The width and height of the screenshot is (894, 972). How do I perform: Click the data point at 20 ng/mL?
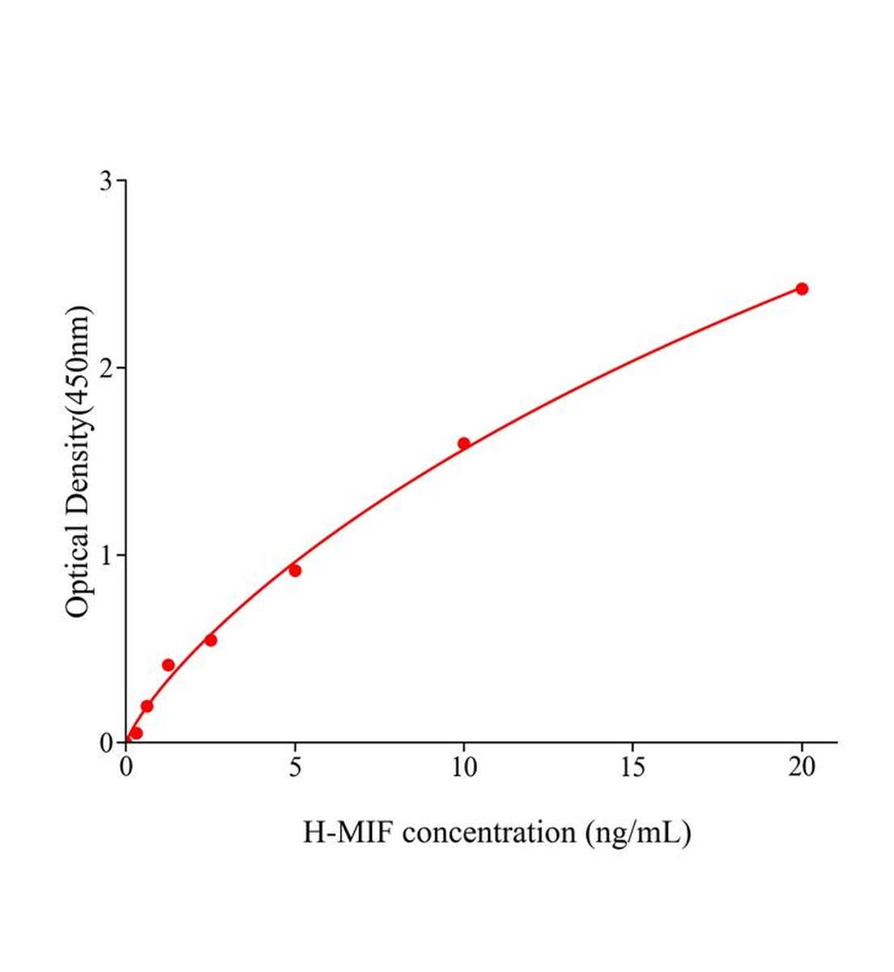pos(802,288)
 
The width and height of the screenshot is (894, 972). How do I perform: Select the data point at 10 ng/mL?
pos(464,443)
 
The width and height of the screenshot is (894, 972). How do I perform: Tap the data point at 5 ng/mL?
pos(295,570)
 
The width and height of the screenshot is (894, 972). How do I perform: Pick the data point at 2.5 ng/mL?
pos(211,640)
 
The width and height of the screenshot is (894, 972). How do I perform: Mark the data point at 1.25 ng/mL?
pos(168,665)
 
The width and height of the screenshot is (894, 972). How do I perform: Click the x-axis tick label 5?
pos(295,767)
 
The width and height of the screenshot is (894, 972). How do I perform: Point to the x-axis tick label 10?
pos(463,767)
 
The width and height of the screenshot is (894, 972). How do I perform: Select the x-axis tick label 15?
pos(632,767)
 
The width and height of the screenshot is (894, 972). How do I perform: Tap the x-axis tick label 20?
pos(802,767)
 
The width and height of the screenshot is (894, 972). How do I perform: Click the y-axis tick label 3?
pos(105,181)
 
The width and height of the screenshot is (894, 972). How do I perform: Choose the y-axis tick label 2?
pos(105,368)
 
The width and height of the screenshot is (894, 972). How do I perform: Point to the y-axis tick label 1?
pos(105,555)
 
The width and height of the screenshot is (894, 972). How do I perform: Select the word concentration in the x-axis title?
pos(489,832)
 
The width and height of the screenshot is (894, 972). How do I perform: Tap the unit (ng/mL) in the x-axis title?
pos(639,832)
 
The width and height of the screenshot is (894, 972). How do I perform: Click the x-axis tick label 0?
pos(126,767)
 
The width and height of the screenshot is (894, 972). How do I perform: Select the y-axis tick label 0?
pos(105,742)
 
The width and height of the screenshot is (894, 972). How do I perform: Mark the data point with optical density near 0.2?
pos(147,706)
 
